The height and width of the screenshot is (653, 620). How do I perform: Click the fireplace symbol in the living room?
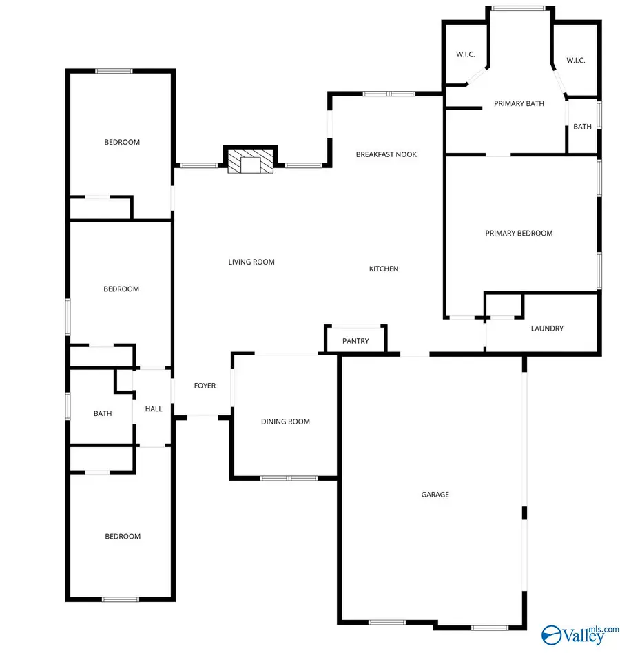250,163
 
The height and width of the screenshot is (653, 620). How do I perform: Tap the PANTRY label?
355,341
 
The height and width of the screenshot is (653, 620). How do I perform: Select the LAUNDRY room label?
547,329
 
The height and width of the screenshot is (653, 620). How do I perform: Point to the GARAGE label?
435,495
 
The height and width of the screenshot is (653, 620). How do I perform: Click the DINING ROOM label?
285,422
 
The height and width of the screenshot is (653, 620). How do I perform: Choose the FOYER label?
205,386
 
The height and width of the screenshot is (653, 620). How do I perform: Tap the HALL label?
154,408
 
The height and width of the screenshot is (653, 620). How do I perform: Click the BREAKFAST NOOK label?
386,154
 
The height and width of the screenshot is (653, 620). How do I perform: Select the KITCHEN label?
384,269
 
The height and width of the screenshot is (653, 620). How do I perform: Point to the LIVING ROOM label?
251,262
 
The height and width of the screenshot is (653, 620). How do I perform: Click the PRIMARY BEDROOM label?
519,234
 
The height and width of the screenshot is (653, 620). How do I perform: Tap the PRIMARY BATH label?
519,104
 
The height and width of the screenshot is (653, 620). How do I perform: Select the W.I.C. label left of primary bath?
466,55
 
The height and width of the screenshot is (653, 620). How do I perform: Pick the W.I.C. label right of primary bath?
575,61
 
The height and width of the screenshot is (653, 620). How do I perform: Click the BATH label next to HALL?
103,413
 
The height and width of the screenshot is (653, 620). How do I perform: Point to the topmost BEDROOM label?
122,143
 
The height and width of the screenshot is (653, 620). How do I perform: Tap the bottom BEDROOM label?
123,536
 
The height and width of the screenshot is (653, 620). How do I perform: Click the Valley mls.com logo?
571,632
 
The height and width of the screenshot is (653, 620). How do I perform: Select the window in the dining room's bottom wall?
289,478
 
